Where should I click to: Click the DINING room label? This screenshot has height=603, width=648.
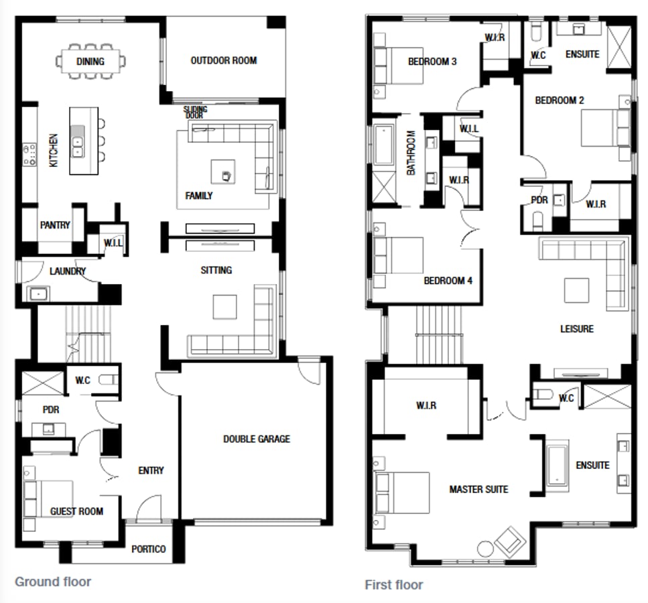[90, 62]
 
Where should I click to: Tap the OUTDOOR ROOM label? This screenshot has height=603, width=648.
[224, 60]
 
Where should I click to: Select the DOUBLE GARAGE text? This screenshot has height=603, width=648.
[257, 439]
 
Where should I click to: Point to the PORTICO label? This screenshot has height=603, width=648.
[149, 549]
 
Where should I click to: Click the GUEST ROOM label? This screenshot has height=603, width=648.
[77, 511]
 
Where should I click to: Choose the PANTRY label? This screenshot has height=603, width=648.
[55, 225]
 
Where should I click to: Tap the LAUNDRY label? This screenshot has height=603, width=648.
[68, 271]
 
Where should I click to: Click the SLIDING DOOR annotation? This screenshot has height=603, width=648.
[196, 112]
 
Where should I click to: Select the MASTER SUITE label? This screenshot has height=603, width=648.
[478, 489]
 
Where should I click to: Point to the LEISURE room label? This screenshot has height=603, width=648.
[577, 329]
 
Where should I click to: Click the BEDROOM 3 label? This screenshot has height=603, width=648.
[432, 62]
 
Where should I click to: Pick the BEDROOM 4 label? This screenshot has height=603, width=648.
[448, 280]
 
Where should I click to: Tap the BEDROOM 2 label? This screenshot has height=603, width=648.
[560, 100]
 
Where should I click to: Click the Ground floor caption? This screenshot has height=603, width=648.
[53, 582]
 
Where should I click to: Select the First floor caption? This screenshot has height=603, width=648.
[394, 585]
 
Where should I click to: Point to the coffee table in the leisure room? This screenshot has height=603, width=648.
[577, 290]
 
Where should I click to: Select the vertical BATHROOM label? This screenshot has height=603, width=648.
[411, 153]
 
